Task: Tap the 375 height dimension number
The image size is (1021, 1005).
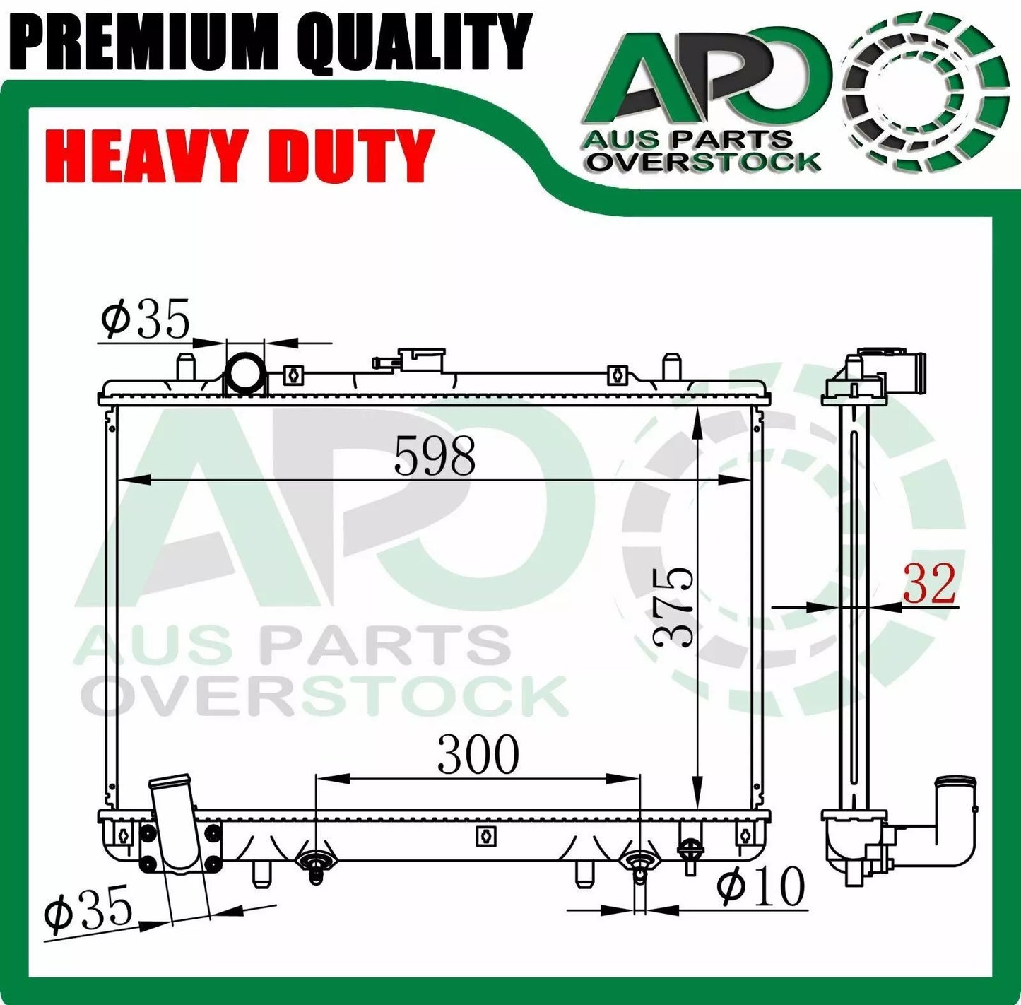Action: [672, 606]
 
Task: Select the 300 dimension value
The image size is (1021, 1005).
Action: [478, 755]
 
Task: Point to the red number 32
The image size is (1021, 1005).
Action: [929, 584]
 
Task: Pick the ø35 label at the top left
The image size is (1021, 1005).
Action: [146, 319]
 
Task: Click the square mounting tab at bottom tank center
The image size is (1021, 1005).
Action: [486, 835]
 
